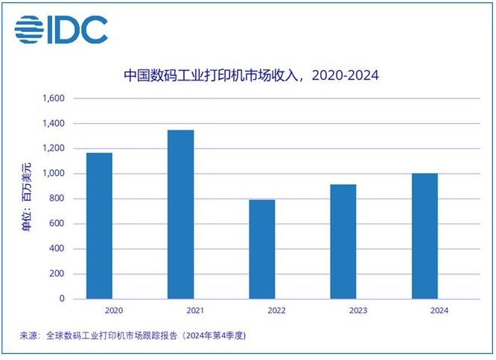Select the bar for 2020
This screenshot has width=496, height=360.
point(98,226)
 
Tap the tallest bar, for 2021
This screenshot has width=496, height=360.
point(181,215)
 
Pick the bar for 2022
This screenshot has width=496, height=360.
point(262,249)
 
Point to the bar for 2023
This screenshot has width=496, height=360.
point(343,241)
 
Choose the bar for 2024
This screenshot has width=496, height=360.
point(425,236)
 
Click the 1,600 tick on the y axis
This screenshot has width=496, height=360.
point(53,98)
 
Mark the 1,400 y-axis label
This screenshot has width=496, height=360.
point(53,123)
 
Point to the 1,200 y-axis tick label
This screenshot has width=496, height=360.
point(53,148)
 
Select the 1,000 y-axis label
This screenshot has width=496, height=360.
point(53,174)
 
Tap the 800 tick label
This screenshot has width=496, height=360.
point(57,198)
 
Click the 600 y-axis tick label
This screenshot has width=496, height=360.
point(57,224)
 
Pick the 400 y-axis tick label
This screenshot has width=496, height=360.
point(57,249)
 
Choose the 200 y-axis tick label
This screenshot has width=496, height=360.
point(57,274)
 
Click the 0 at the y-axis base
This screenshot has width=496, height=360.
point(63,299)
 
